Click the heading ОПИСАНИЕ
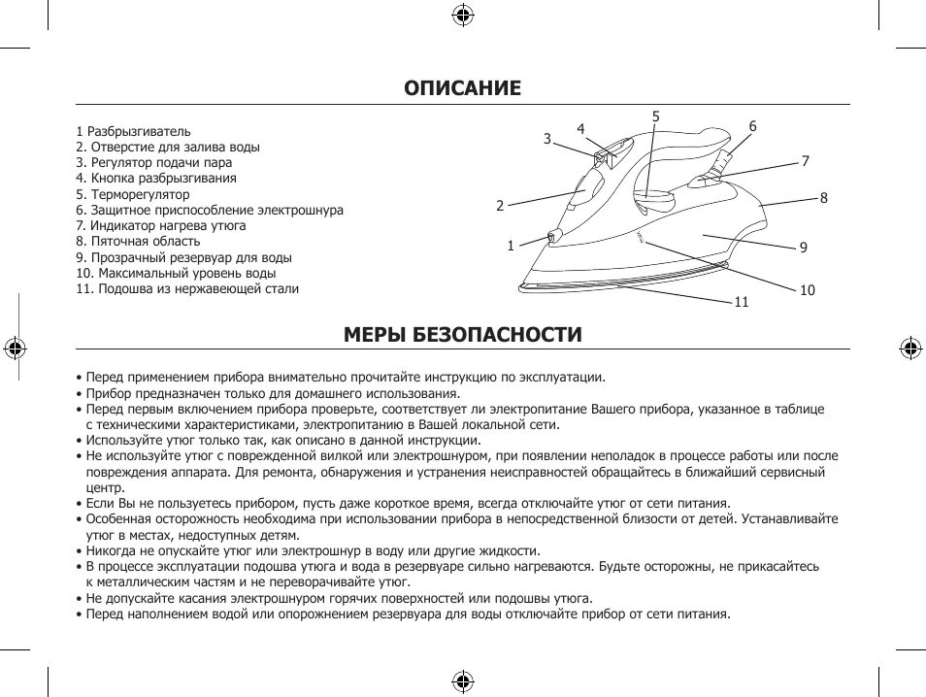tap(463, 88)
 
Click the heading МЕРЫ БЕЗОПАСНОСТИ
tap(463, 335)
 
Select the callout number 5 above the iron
tap(656, 116)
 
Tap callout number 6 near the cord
tap(752, 126)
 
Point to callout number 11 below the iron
tap(742, 302)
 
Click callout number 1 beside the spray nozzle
tap(511, 246)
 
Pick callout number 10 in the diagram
tap(808, 290)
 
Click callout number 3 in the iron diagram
tap(547, 139)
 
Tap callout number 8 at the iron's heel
tap(823, 198)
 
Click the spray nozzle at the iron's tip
tap(552, 236)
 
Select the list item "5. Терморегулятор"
tap(133, 194)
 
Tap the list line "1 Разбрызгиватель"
tap(133, 131)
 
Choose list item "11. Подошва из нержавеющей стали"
tap(187, 288)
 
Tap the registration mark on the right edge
tap(909, 348)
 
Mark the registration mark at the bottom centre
tap(463, 680)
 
